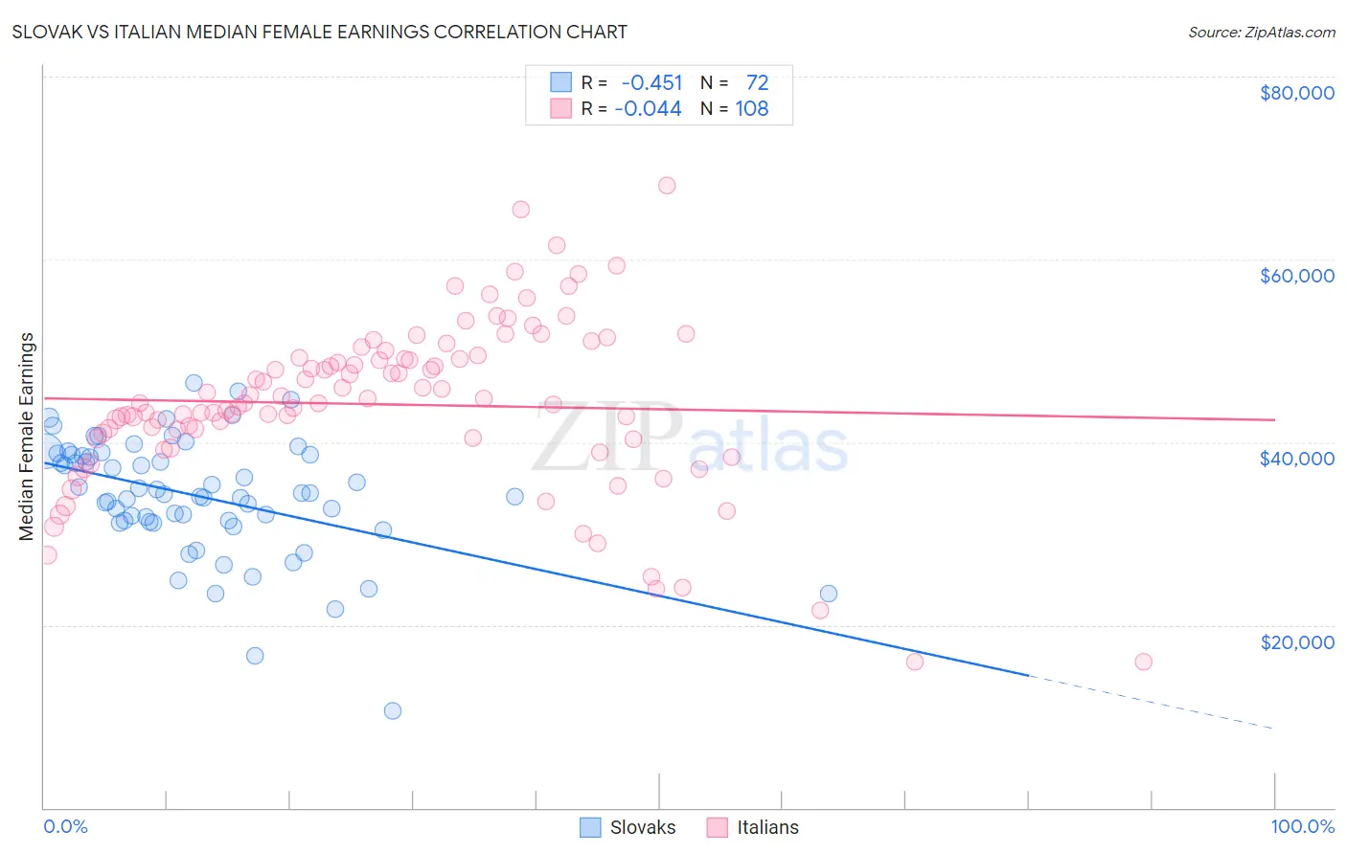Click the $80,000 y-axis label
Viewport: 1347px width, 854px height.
click(1296, 93)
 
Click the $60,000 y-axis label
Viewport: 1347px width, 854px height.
click(1296, 276)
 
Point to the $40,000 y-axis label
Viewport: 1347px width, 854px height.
click(1296, 459)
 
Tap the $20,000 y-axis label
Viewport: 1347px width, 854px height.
click(1296, 642)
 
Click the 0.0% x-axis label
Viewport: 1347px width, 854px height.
click(65, 827)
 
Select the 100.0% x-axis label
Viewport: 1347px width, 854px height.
click(1302, 827)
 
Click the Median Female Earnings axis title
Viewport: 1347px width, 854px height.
click(27, 437)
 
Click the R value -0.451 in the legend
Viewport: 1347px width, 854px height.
click(651, 83)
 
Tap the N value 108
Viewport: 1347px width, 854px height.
click(751, 109)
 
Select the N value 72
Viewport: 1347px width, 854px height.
click(757, 83)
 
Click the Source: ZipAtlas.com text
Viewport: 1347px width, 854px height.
click(1261, 33)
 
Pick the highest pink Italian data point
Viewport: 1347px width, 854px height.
click(667, 186)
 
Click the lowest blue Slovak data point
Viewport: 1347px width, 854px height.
click(392, 710)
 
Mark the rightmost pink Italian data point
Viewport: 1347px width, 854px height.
click(1143, 662)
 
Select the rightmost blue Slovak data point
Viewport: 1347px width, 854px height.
click(829, 594)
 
